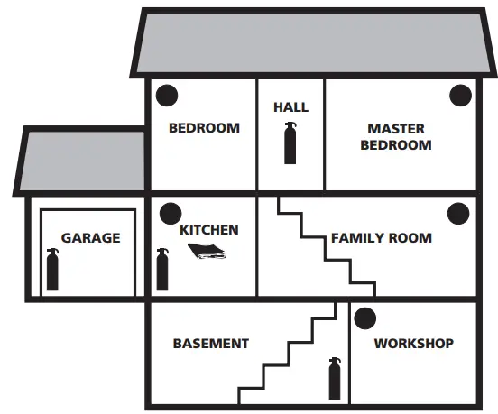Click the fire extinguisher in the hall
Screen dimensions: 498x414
click(x=290, y=143)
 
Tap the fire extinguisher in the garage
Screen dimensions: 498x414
click(x=52, y=270)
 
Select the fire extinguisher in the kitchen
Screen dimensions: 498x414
click(x=162, y=270)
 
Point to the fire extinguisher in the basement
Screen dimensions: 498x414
click(x=335, y=379)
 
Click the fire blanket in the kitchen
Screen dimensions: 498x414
click(x=207, y=251)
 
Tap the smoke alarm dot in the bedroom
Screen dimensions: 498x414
click(x=167, y=96)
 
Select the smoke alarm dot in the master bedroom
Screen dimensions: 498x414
click(x=460, y=96)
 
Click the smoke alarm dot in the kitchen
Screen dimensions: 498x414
click(x=171, y=214)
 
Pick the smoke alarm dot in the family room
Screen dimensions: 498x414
click(x=458, y=214)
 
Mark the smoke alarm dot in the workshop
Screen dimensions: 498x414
click(x=365, y=318)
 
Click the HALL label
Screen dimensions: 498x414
click(x=290, y=107)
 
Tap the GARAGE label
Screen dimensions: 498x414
click(x=91, y=238)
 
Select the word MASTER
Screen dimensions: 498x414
click(x=396, y=129)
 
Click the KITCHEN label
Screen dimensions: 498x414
click(x=209, y=230)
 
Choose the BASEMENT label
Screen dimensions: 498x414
click(x=211, y=344)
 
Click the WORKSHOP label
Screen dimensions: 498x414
click(x=414, y=344)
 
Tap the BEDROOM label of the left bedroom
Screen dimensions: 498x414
click(x=204, y=128)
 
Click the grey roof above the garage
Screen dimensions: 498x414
click(x=82, y=161)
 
